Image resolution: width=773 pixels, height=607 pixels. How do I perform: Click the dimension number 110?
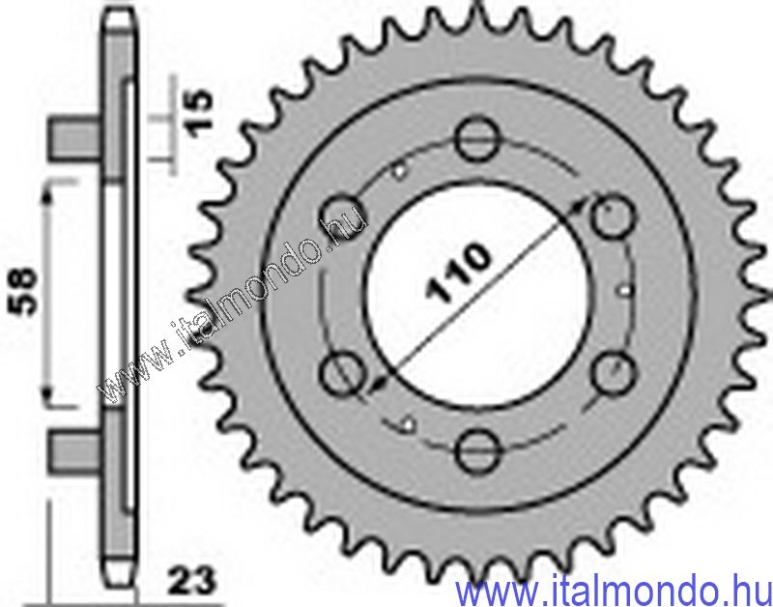tap(459, 272)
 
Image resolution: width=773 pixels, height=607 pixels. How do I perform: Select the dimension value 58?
tap(22, 291)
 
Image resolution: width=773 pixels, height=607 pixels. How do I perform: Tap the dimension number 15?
tap(200, 113)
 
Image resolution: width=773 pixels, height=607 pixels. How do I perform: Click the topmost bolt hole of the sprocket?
tap(477, 138)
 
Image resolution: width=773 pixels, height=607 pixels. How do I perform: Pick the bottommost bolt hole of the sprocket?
tap(477, 451)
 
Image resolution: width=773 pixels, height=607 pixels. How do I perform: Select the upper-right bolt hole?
tap(613, 217)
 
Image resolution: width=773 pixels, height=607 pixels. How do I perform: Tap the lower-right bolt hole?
tap(613, 374)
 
